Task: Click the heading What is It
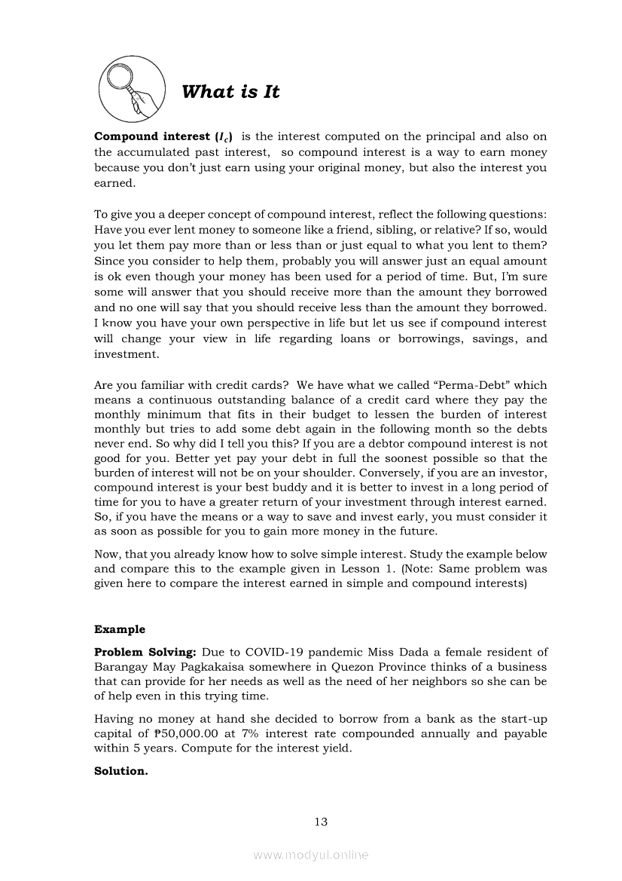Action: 230,92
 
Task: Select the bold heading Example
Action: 120,629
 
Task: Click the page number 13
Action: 321,821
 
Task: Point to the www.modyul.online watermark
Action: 311,855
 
